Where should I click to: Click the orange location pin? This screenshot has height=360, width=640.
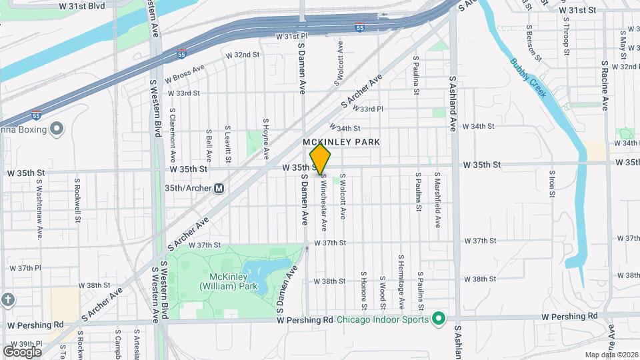321,159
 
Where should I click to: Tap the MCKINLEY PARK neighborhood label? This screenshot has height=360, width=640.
341,142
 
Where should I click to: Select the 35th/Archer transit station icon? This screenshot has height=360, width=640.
219,189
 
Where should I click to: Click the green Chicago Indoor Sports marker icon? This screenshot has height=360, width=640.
438,319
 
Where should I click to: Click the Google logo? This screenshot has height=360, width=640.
22,351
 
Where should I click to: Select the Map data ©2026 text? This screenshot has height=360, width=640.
611,354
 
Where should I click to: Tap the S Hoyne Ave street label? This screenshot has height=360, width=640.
265,139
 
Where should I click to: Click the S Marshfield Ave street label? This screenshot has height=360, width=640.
438,201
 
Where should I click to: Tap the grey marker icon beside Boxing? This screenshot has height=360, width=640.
57,127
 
